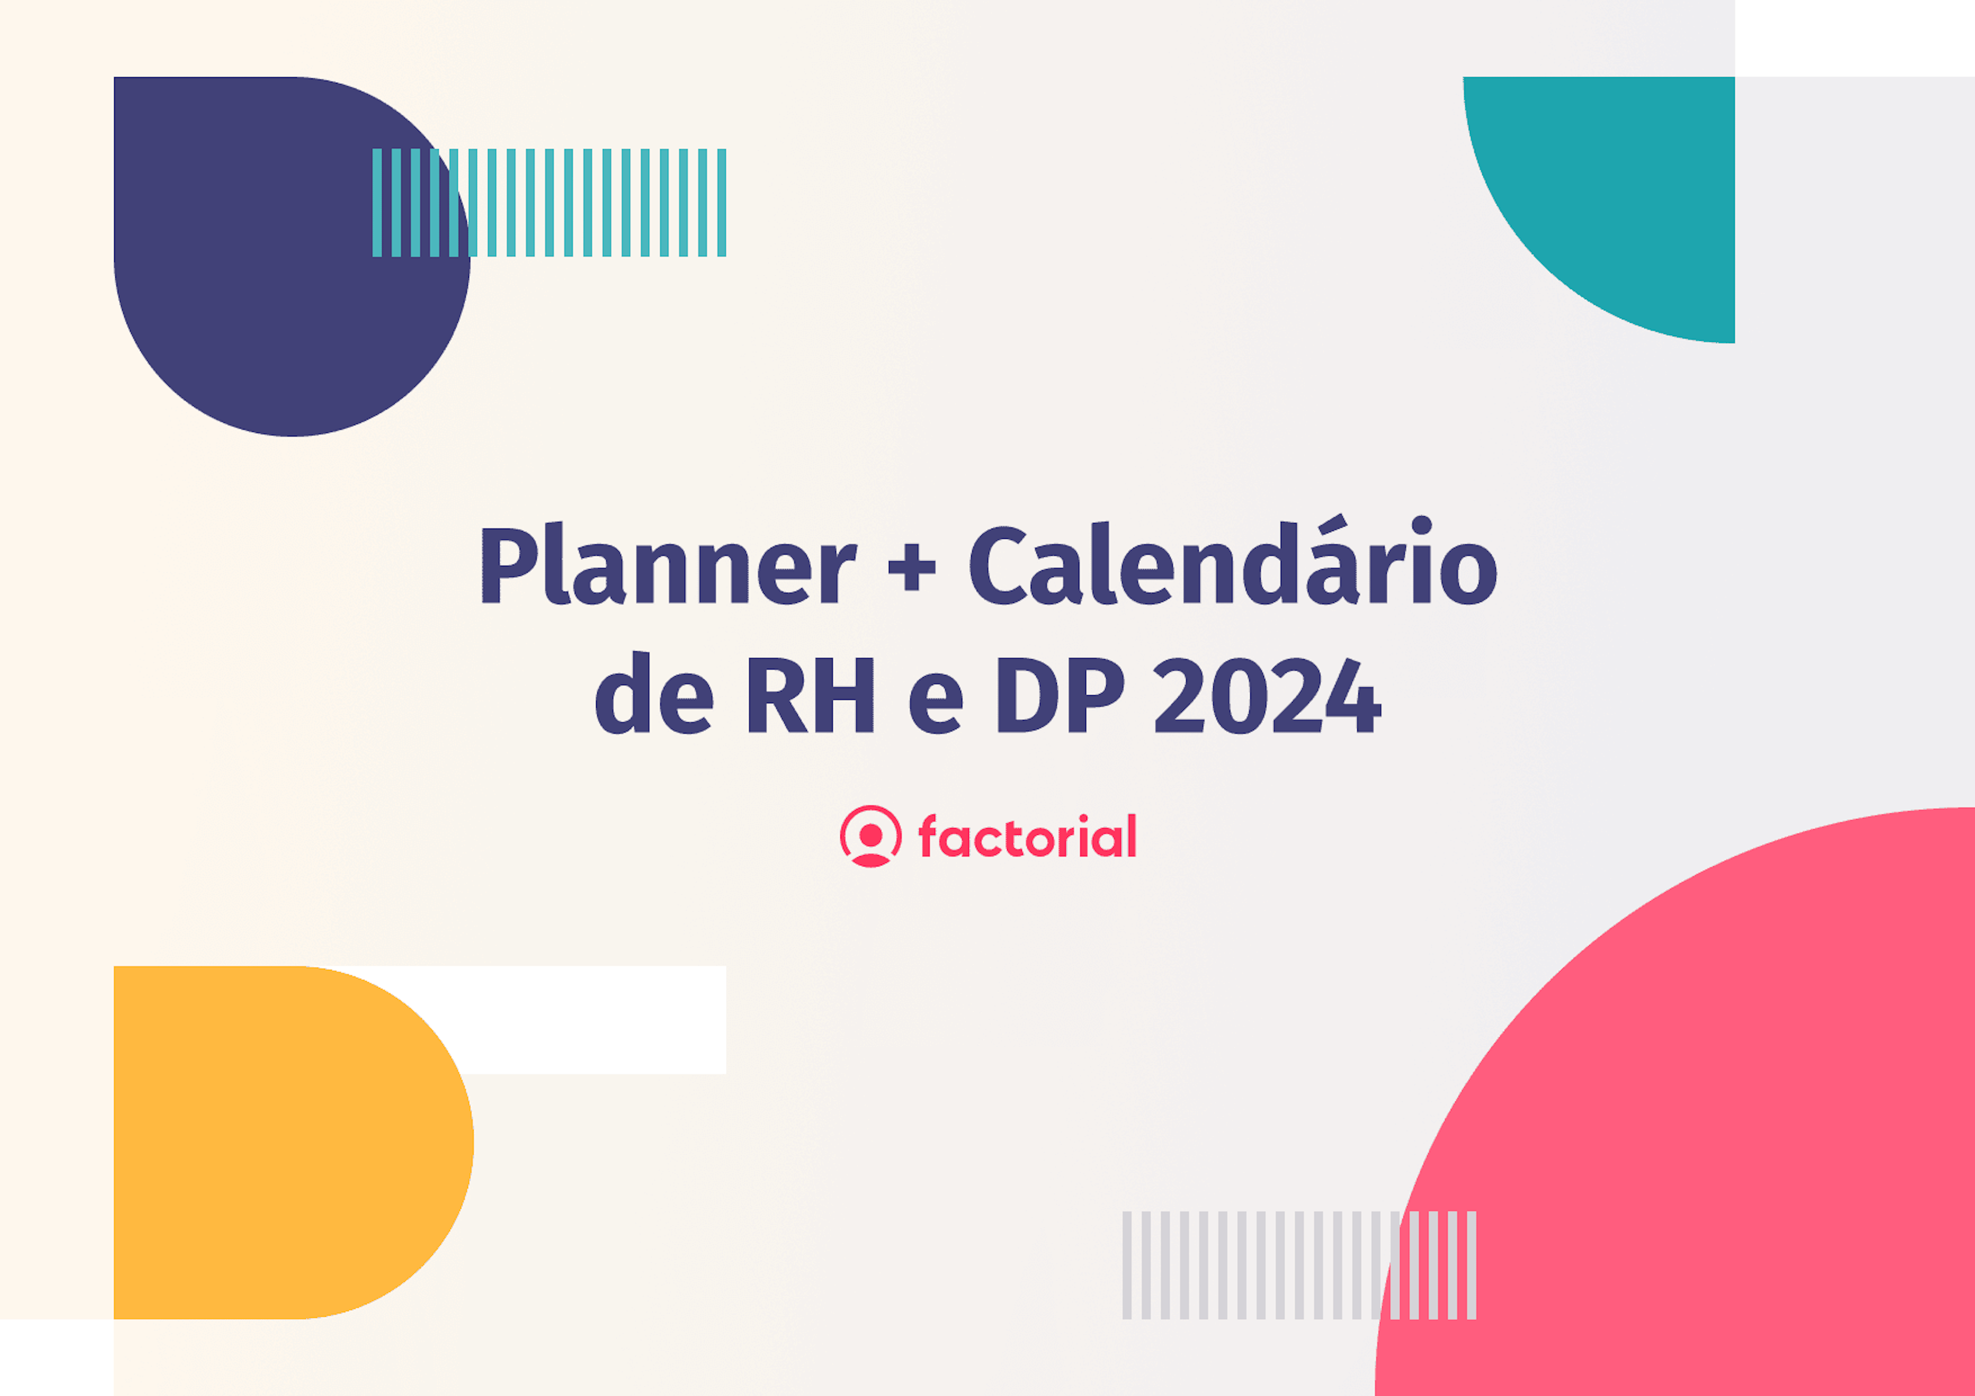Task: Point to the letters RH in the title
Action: tap(810, 695)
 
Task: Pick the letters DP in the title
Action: tap(1060, 695)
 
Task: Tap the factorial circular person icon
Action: tap(871, 836)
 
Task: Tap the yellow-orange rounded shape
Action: tap(284, 1144)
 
